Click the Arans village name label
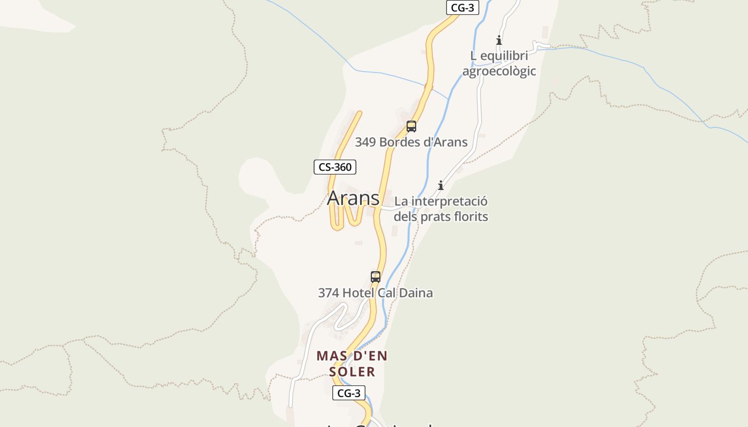point(353,198)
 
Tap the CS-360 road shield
point(334,167)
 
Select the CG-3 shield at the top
point(462,7)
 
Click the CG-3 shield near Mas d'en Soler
point(349,393)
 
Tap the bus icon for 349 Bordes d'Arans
point(411,126)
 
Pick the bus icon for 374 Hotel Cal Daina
point(376,277)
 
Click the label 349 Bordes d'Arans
point(411,142)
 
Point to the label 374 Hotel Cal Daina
point(375,292)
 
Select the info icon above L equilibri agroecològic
point(499,40)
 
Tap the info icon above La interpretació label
point(441,185)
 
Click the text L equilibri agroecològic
point(499,63)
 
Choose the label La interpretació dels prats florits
point(441,209)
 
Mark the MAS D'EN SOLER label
point(352,363)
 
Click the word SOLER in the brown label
point(352,371)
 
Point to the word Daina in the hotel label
point(416,292)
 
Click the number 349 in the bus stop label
point(365,142)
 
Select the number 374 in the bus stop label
point(328,292)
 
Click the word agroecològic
point(499,71)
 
